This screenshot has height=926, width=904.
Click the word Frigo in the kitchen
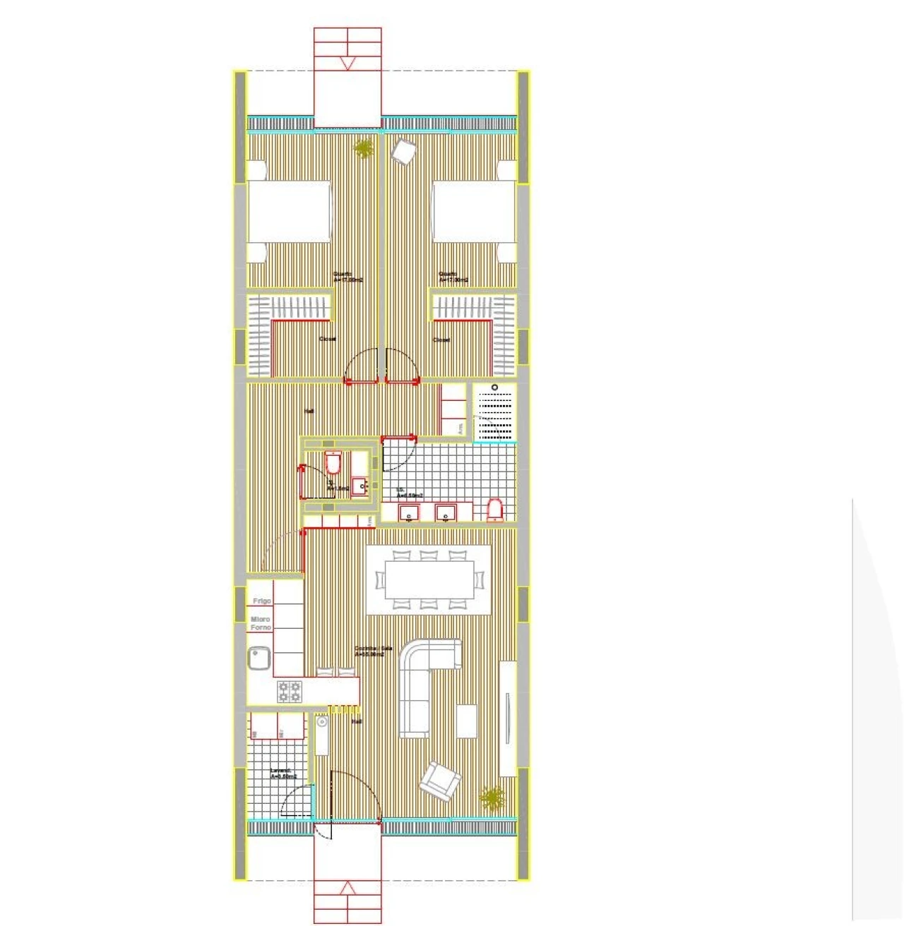(x=262, y=601)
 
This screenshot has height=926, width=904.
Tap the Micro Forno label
(x=261, y=623)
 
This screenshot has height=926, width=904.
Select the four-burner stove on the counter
(x=289, y=691)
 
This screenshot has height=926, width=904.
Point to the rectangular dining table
(x=429, y=579)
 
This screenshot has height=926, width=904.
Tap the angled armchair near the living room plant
(x=440, y=781)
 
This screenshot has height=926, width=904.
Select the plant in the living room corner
(x=492, y=798)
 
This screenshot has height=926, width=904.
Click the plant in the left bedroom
(x=364, y=149)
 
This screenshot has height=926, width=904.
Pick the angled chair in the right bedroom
(x=405, y=152)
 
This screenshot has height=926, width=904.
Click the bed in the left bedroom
(x=289, y=212)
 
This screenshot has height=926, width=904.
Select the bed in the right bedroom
(x=474, y=212)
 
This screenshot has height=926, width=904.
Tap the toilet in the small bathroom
(x=333, y=463)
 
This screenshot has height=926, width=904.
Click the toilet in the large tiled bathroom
(x=494, y=509)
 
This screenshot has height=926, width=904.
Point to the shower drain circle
(x=494, y=387)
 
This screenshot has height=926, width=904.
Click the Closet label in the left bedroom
(x=327, y=339)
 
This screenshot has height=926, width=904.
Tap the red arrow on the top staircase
(x=347, y=64)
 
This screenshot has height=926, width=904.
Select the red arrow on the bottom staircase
(x=347, y=888)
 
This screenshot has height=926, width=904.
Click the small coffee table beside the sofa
(x=466, y=721)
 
